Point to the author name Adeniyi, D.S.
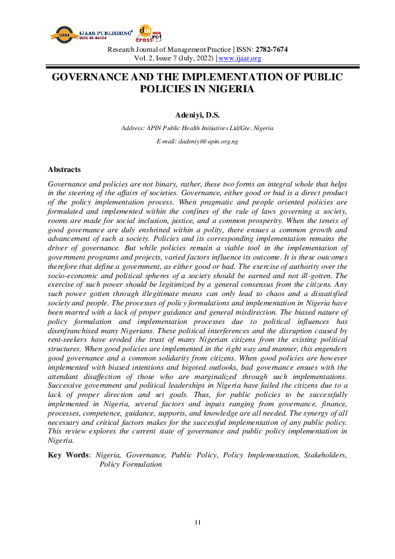(x=197, y=115)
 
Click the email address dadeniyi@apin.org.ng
(x=197, y=141)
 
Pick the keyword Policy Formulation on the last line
(x=131, y=464)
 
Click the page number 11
(x=197, y=522)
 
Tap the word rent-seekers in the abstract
(x=69, y=339)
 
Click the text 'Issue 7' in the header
(x=163, y=58)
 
